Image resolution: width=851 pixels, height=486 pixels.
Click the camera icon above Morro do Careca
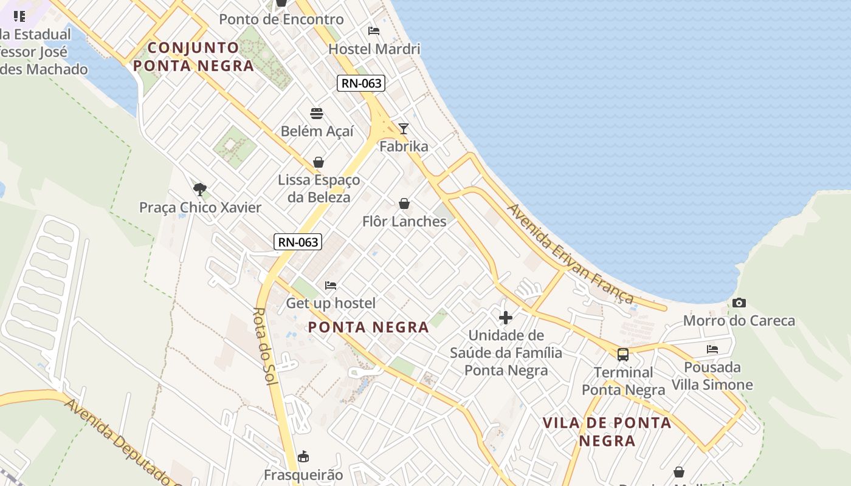point(739,303)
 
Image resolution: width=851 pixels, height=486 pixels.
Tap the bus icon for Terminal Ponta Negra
point(623,355)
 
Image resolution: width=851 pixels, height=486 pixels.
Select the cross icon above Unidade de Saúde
point(506,317)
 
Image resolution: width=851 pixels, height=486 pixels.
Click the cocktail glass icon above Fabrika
point(404,128)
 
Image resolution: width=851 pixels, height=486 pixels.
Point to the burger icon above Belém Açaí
point(317,114)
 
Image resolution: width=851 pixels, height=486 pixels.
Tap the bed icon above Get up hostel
point(331,285)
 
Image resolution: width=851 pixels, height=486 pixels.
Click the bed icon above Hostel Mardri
point(374,31)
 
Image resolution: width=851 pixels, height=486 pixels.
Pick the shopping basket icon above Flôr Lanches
point(404,204)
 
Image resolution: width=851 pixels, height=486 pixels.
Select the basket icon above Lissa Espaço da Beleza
point(319,162)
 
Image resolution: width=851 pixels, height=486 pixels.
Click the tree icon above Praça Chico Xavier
point(199,189)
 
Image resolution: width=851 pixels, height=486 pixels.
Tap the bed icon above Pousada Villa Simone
point(712,349)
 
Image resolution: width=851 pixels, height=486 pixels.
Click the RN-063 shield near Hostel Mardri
point(362,83)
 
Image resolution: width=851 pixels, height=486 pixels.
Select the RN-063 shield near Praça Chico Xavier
point(297,242)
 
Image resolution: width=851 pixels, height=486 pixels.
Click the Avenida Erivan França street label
point(570,253)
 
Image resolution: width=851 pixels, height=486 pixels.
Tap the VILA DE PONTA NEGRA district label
point(607,431)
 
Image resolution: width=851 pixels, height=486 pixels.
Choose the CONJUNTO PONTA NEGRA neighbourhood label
point(193,56)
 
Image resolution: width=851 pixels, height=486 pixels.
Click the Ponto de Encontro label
point(281,19)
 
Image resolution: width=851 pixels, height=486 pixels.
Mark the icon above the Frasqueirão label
point(303,456)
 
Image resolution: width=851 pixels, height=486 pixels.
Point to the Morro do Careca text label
point(739,320)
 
